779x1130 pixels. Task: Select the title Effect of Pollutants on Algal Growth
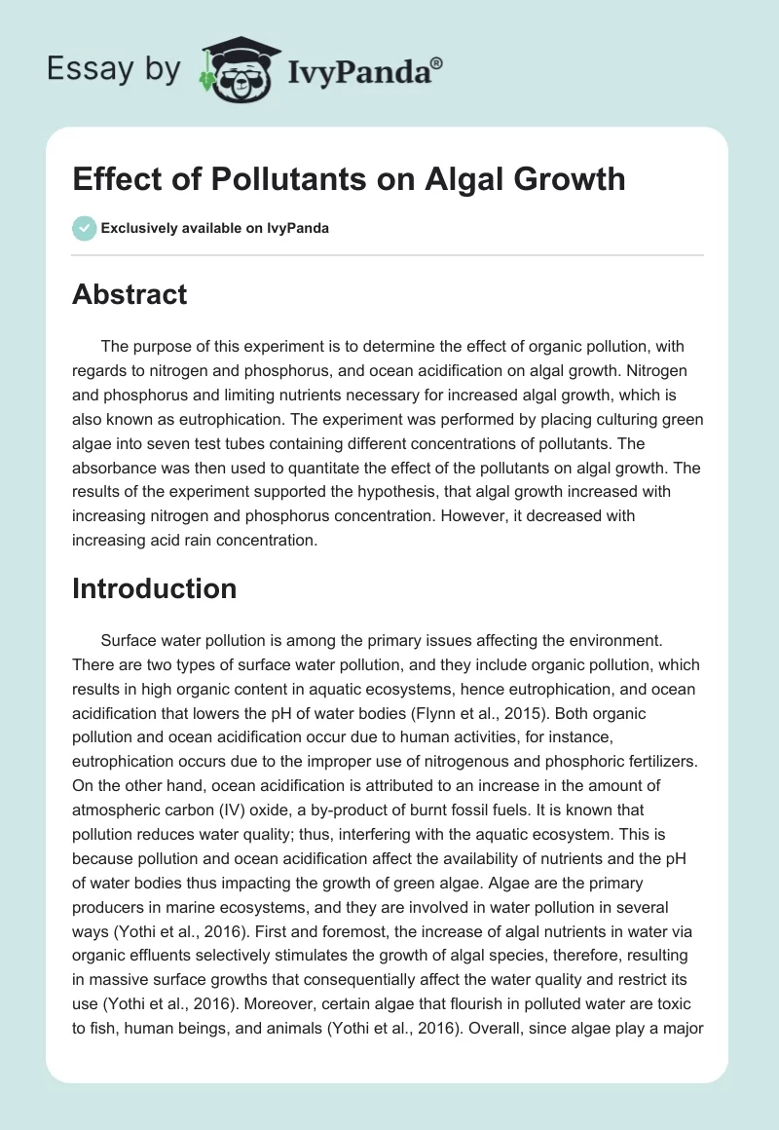tap(349, 179)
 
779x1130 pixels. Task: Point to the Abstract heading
tap(130, 294)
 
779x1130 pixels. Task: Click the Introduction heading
tap(155, 588)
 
